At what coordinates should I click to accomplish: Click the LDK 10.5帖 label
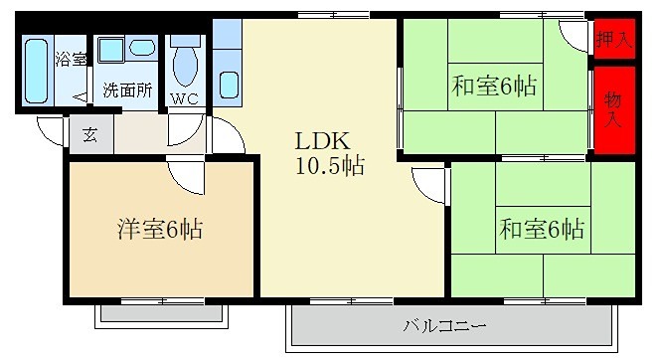pos(328,154)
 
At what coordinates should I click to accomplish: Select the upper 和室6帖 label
pos(494,87)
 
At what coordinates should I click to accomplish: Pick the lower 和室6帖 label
pos(542,230)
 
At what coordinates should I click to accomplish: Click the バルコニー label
pos(444,325)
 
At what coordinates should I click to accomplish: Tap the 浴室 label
pos(70,58)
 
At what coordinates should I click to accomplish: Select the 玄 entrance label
pos(89,135)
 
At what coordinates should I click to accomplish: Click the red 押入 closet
pos(613,40)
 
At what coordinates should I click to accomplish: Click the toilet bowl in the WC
pos(185,64)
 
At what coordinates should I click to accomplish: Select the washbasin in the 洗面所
pos(141,47)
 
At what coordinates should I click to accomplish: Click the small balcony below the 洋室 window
pos(160,314)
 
